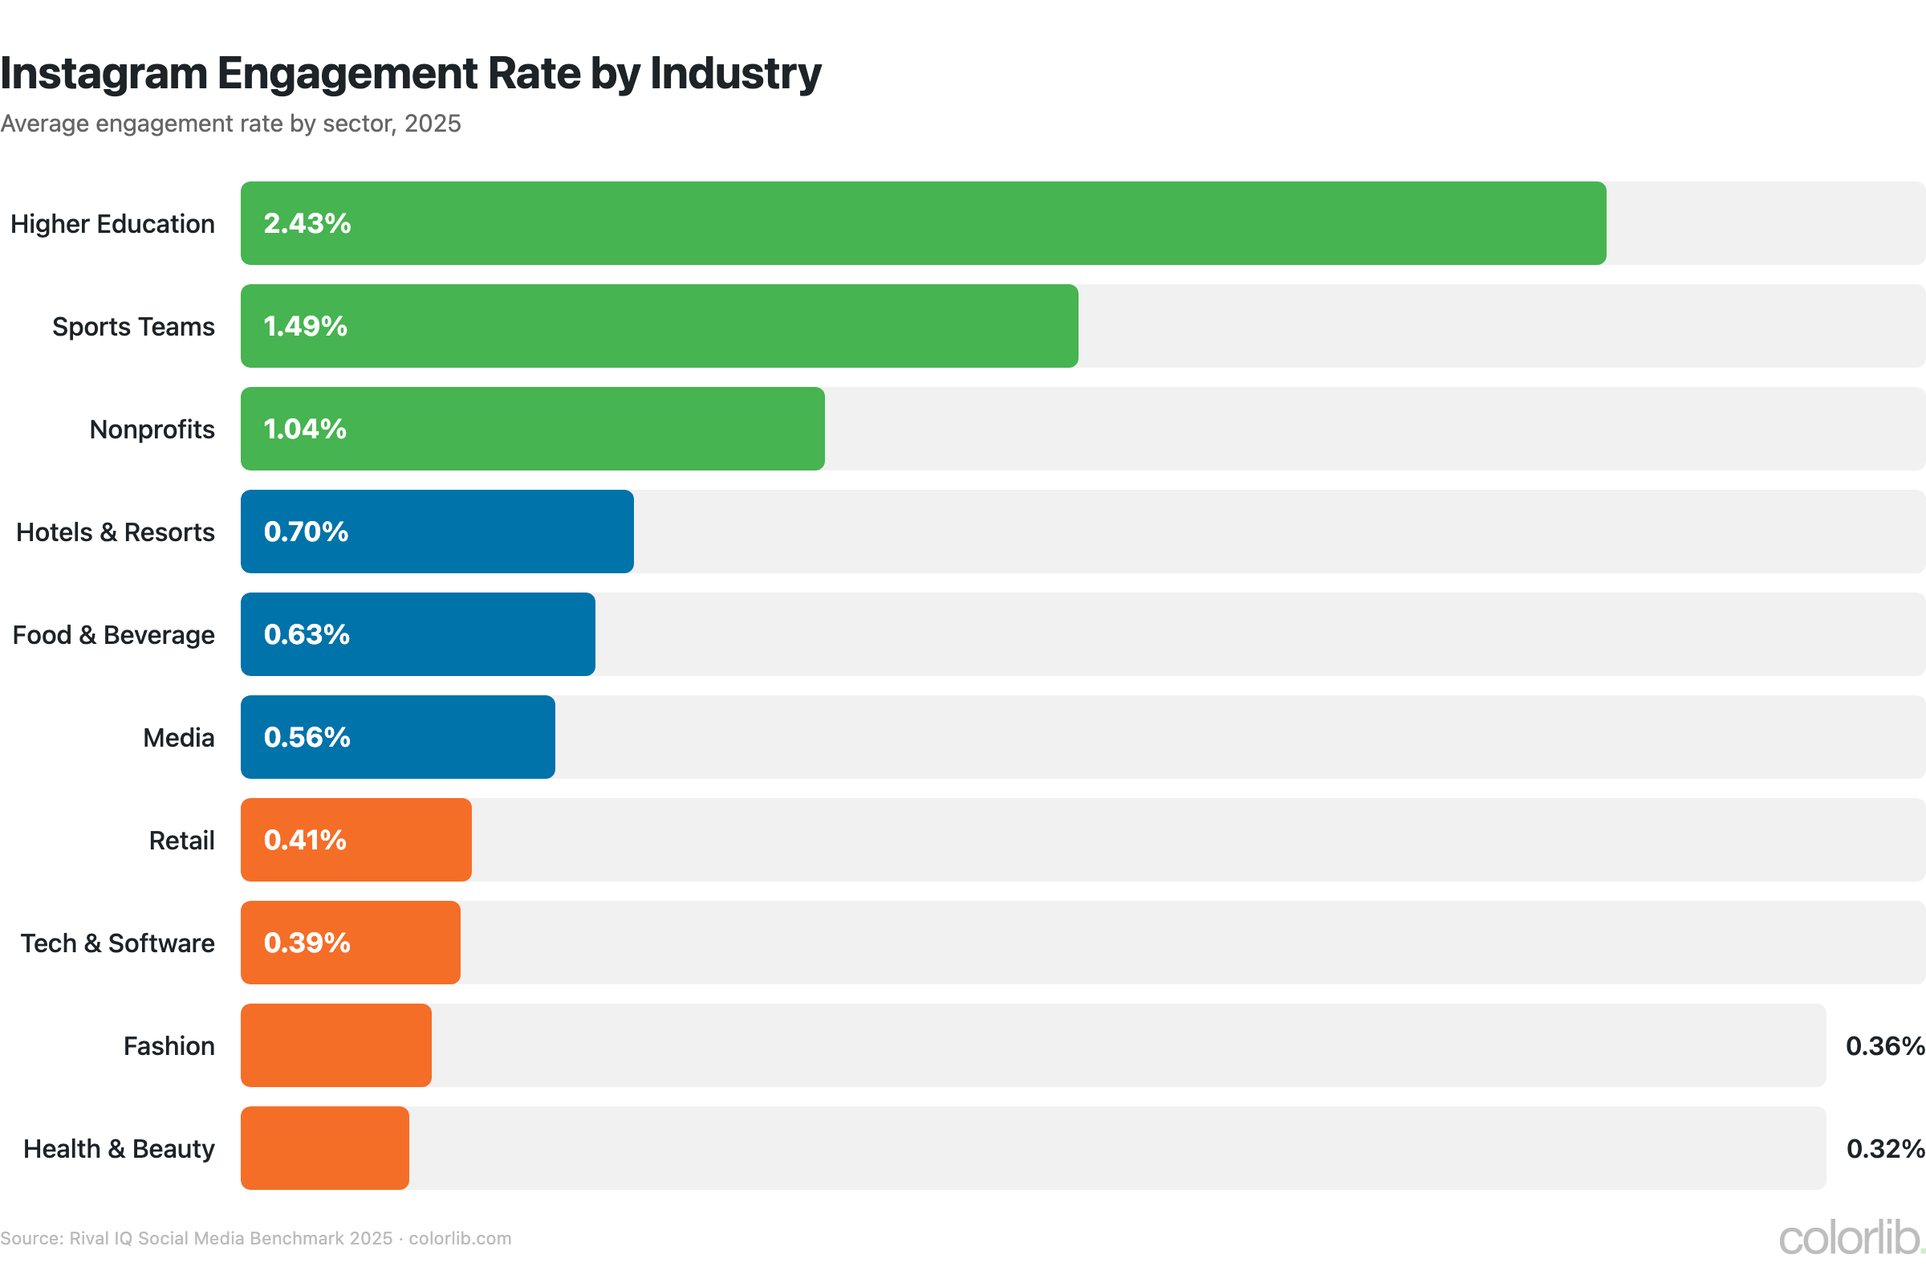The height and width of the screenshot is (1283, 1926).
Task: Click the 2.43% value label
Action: [307, 223]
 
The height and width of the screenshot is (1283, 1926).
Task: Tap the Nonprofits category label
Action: [152, 429]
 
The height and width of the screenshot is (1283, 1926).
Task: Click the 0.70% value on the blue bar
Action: [306, 532]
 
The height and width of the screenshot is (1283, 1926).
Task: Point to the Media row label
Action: [178, 737]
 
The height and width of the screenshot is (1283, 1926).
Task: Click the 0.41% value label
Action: [305, 840]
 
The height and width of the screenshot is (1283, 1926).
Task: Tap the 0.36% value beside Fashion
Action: [1884, 1045]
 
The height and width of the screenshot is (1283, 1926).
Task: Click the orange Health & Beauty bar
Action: [325, 1148]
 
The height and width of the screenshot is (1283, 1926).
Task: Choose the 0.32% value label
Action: [1884, 1148]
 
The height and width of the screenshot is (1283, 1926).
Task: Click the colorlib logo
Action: [1850, 1237]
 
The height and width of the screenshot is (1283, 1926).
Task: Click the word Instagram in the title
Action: [104, 74]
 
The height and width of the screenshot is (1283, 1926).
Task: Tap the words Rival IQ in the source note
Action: [100, 1238]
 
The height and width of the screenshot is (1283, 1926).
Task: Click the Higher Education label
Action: [113, 223]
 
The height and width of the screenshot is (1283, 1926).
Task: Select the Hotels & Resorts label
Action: [116, 532]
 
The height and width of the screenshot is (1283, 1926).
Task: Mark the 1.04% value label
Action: [305, 429]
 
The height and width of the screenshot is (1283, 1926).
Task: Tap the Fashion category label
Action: [169, 1045]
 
